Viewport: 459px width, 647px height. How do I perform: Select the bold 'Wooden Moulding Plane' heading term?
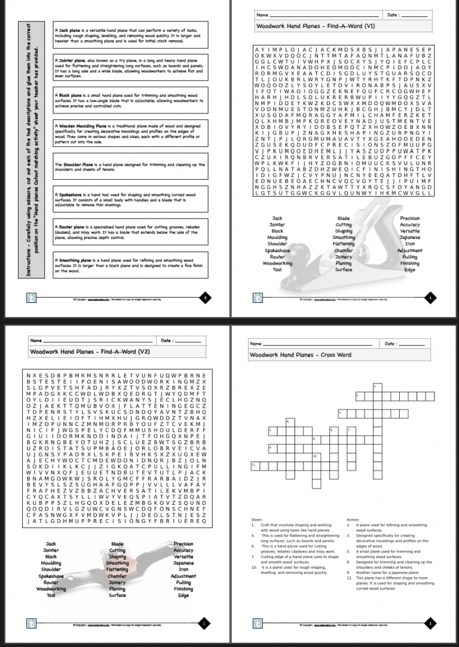click(x=81, y=127)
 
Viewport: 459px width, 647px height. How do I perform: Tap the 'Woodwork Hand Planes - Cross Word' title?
click(x=300, y=355)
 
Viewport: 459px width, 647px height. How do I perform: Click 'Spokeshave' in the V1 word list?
click(x=277, y=250)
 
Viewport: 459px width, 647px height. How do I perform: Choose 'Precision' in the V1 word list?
click(x=409, y=219)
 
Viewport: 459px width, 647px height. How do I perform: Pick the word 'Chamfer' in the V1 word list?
click(x=344, y=250)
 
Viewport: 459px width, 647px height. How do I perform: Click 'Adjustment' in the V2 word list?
click(x=183, y=576)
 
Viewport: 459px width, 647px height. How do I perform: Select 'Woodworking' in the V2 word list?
click(x=51, y=589)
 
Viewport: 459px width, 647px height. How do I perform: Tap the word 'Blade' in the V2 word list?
click(x=117, y=544)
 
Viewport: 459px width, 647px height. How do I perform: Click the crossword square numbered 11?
click(x=254, y=465)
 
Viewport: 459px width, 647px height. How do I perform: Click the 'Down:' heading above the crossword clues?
click(x=257, y=520)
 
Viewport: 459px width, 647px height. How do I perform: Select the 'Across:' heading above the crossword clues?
click(x=353, y=520)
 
